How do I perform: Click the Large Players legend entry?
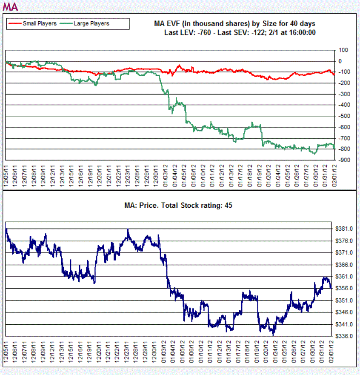pos(91,23)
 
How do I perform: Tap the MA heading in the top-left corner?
pos(10,7)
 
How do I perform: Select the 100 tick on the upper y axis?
pos(343,50)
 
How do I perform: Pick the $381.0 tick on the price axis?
pos(345,229)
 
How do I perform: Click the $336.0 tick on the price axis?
pos(345,336)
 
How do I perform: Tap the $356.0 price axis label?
pos(345,289)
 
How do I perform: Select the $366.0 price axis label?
pos(345,265)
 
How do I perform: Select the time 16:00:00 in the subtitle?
pos(301,32)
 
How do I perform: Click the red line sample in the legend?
pos(14,23)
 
